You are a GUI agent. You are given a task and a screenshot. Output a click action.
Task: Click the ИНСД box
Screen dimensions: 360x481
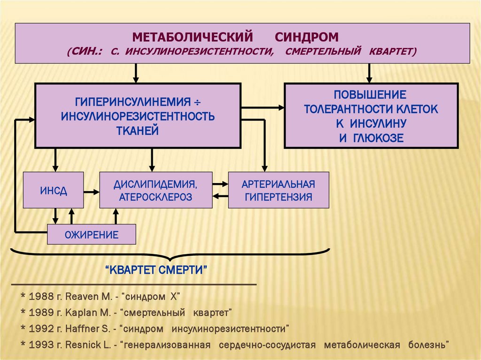53,190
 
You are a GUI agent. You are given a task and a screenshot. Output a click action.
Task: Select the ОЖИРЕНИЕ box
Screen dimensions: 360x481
92,234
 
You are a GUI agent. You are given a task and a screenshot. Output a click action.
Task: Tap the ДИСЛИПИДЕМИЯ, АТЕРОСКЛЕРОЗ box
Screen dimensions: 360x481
155,190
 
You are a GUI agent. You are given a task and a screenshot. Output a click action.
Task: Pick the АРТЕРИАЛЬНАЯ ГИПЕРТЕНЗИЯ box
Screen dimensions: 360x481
279,190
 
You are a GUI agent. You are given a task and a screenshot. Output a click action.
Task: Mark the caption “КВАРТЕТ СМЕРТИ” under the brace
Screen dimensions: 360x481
156,271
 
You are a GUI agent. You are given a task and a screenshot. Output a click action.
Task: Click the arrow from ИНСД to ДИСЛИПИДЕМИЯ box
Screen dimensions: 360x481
92,191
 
